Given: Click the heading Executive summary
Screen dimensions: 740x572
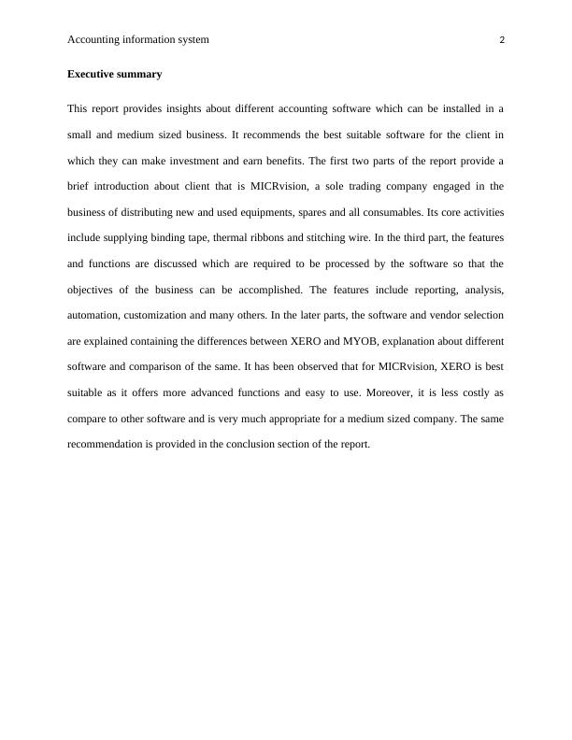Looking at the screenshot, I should pos(114,74).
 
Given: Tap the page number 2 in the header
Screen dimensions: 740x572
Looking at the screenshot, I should pos(502,40).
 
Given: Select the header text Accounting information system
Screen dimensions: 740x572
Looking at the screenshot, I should pos(138,40).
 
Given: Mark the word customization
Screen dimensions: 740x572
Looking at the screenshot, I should pos(180,315).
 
